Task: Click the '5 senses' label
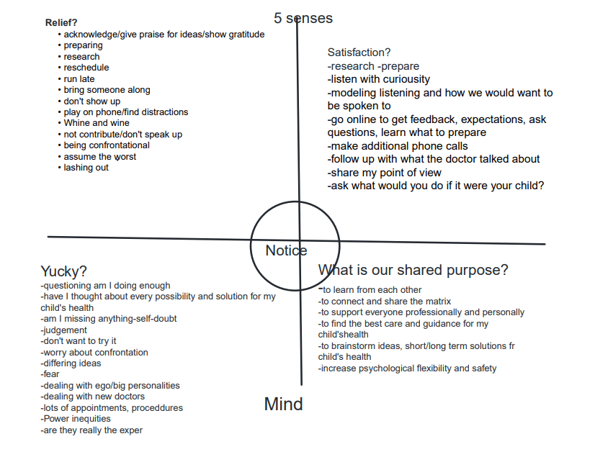click(x=303, y=18)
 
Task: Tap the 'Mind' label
click(x=283, y=404)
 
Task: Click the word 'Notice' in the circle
click(x=286, y=250)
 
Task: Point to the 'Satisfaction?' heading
click(x=359, y=53)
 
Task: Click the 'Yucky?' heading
click(x=64, y=271)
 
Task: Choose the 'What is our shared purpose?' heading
click(x=413, y=270)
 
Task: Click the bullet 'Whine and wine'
click(x=97, y=123)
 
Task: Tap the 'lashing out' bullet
click(x=86, y=168)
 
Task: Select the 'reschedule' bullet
click(x=86, y=68)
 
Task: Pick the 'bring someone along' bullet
click(x=107, y=90)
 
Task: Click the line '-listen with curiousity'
click(x=379, y=79)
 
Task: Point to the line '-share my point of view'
click(x=385, y=172)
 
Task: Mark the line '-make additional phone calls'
click(x=398, y=146)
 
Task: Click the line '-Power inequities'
click(x=76, y=419)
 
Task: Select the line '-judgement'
click(x=65, y=330)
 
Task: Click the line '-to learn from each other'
click(x=370, y=290)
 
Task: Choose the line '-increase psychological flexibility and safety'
click(x=407, y=368)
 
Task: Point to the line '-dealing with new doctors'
click(x=93, y=397)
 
